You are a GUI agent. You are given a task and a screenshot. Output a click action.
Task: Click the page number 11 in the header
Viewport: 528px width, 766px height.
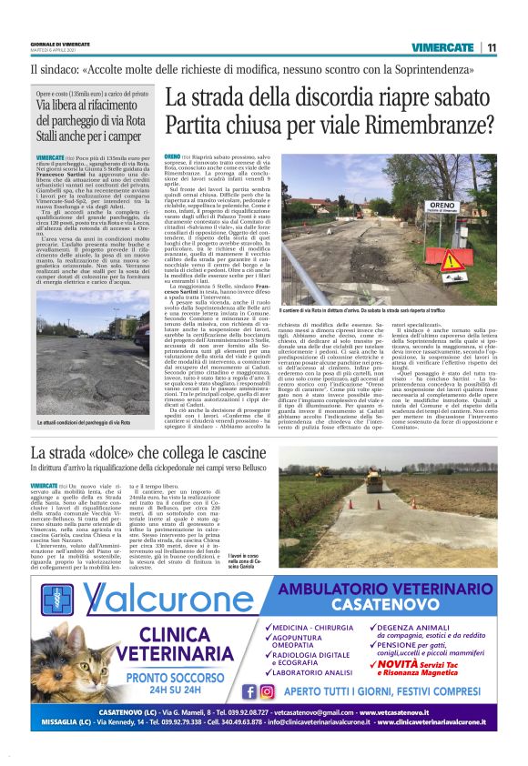[491, 47]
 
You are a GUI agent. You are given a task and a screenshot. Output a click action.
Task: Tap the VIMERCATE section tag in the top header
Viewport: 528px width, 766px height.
[442, 47]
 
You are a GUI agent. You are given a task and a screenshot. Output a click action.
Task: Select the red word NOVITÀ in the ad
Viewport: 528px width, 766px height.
[401, 665]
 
